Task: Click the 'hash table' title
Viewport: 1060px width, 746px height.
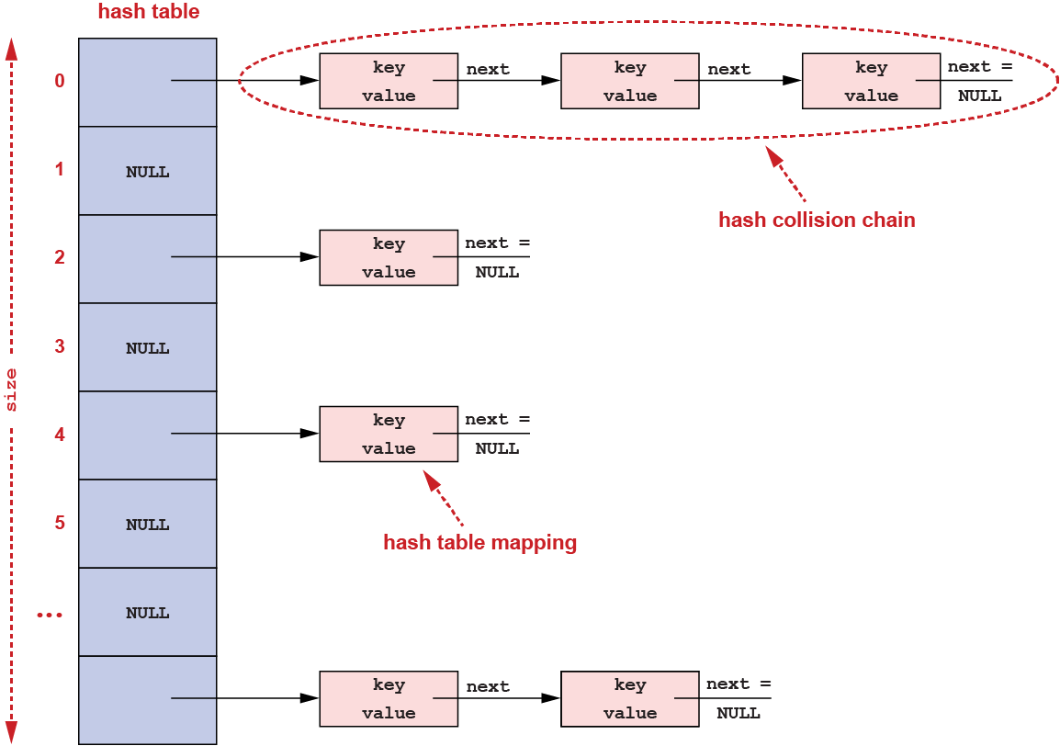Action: click(x=148, y=13)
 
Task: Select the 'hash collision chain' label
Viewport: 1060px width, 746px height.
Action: click(x=817, y=220)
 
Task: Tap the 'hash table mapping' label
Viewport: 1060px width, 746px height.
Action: click(x=479, y=543)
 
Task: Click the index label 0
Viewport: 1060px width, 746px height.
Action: click(x=60, y=82)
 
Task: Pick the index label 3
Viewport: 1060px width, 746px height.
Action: click(x=60, y=346)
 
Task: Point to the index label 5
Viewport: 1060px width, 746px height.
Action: click(x=60, y=523)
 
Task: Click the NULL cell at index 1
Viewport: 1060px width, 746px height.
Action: click(x=148, y=172)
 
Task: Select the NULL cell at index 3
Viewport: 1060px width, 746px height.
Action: click(x=148, y=348)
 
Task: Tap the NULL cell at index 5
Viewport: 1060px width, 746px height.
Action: click(x=148, y=525)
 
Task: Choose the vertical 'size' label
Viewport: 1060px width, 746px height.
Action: click(x=12, y=390)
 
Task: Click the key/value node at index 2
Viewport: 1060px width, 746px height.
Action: click(x=389, y=258)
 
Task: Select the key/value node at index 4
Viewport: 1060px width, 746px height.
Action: click(x=389, y=435)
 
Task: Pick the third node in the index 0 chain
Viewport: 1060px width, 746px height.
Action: click(x=871, y=82)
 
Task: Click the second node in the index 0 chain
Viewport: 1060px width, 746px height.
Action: click(x=629, y=82)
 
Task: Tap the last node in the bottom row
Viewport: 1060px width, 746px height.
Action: click(x=629, y=699)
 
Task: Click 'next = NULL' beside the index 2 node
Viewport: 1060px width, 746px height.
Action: click(x=497, y=257)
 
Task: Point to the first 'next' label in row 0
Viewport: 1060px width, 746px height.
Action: click(x=488, y=69)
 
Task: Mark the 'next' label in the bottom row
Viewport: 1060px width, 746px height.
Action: click(x=488, y=686)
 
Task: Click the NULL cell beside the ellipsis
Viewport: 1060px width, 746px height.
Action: click(x=148, y=613)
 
